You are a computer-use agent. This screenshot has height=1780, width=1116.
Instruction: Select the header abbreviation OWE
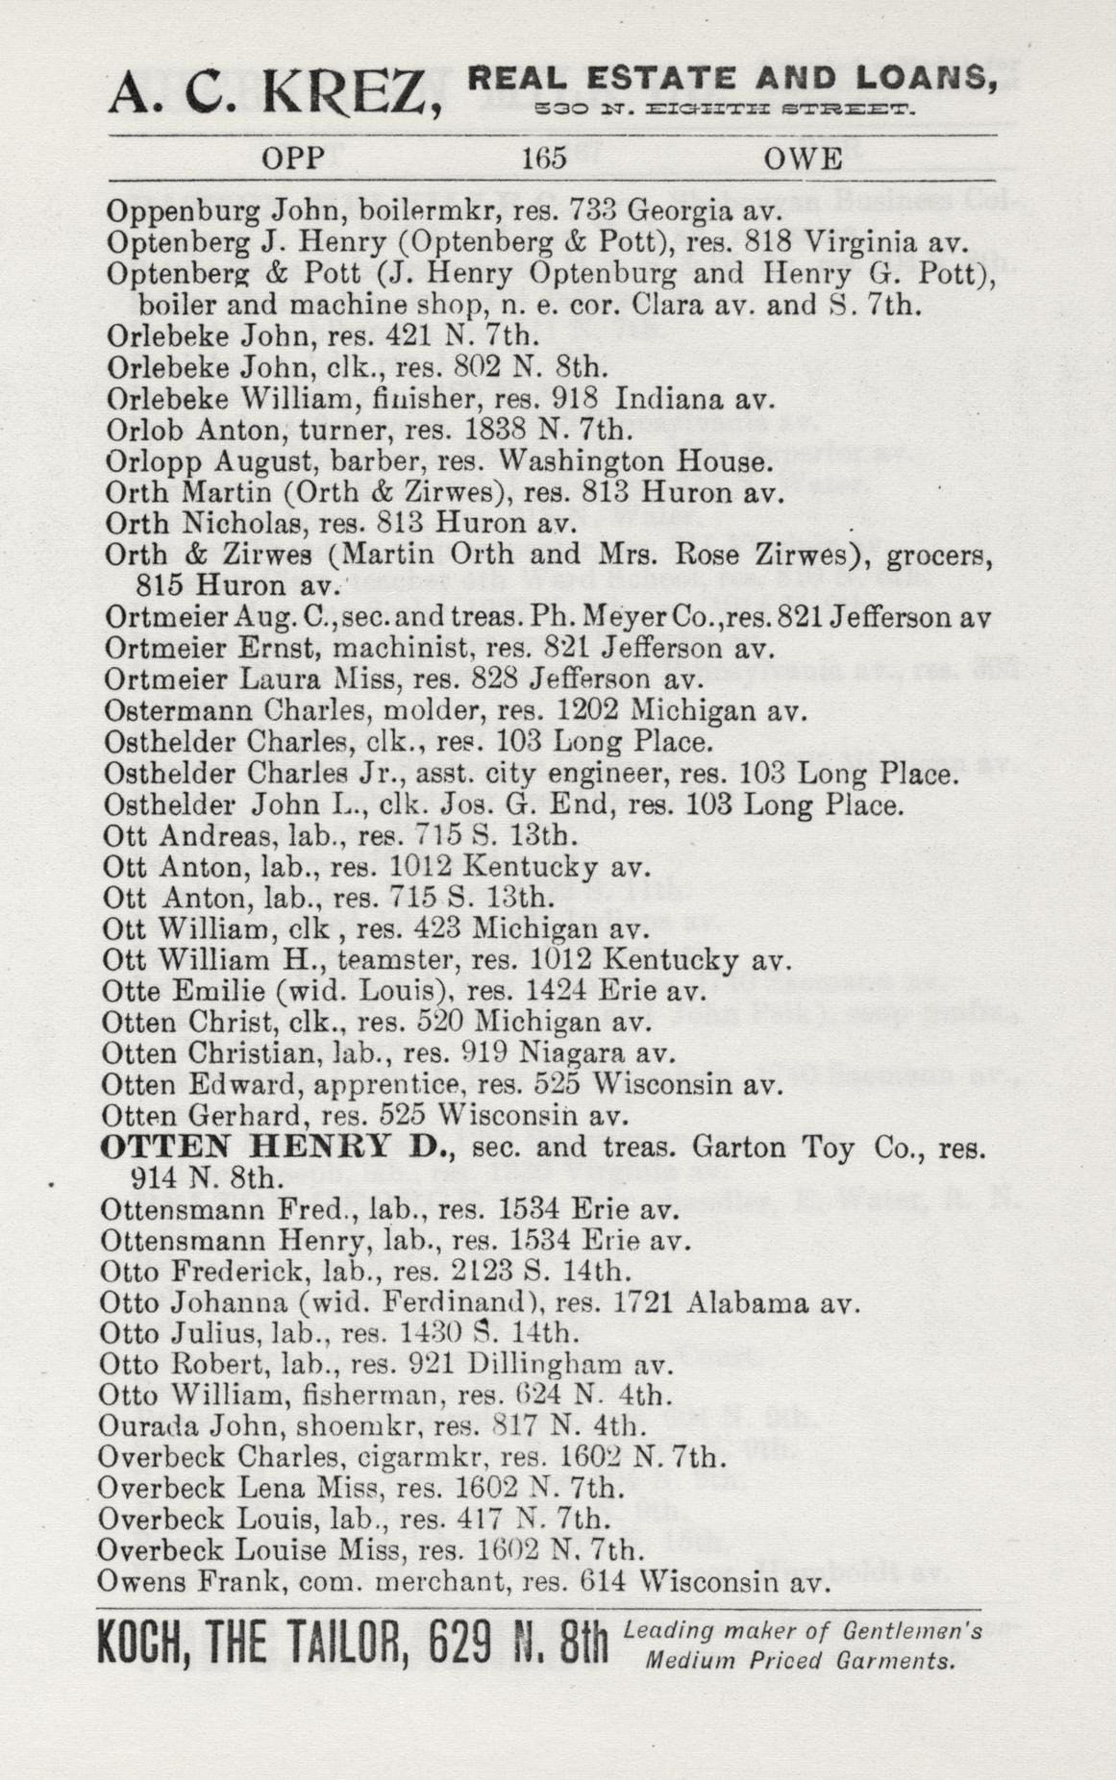802,159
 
